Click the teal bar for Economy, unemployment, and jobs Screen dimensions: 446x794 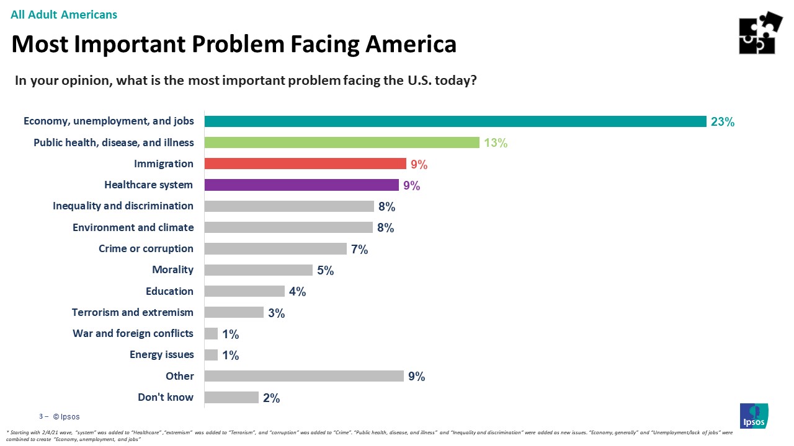[455, 121]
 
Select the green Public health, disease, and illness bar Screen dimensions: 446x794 [342, 142]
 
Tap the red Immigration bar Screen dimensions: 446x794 [305, 164]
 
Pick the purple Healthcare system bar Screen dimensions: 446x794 [301, 185]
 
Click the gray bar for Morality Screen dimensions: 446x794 [258, 269]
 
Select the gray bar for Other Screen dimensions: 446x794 [304, 376]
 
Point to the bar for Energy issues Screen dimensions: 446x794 [211, 355]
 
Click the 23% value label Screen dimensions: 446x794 [723, 122]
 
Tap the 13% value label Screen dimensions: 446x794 [496, 143]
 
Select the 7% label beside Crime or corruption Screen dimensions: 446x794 [360, 249]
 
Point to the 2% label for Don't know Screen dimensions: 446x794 [271, 398]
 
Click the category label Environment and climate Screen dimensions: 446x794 [133, 227]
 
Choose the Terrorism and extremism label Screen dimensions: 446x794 [133, 312]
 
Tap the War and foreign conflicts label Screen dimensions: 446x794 [133, 333]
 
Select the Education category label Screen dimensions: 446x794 [169, 291]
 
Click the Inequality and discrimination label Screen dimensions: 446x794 [123, 206]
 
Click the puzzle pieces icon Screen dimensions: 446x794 [761, 33]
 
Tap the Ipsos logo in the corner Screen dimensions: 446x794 [754, 416]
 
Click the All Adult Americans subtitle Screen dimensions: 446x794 [64, 14]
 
